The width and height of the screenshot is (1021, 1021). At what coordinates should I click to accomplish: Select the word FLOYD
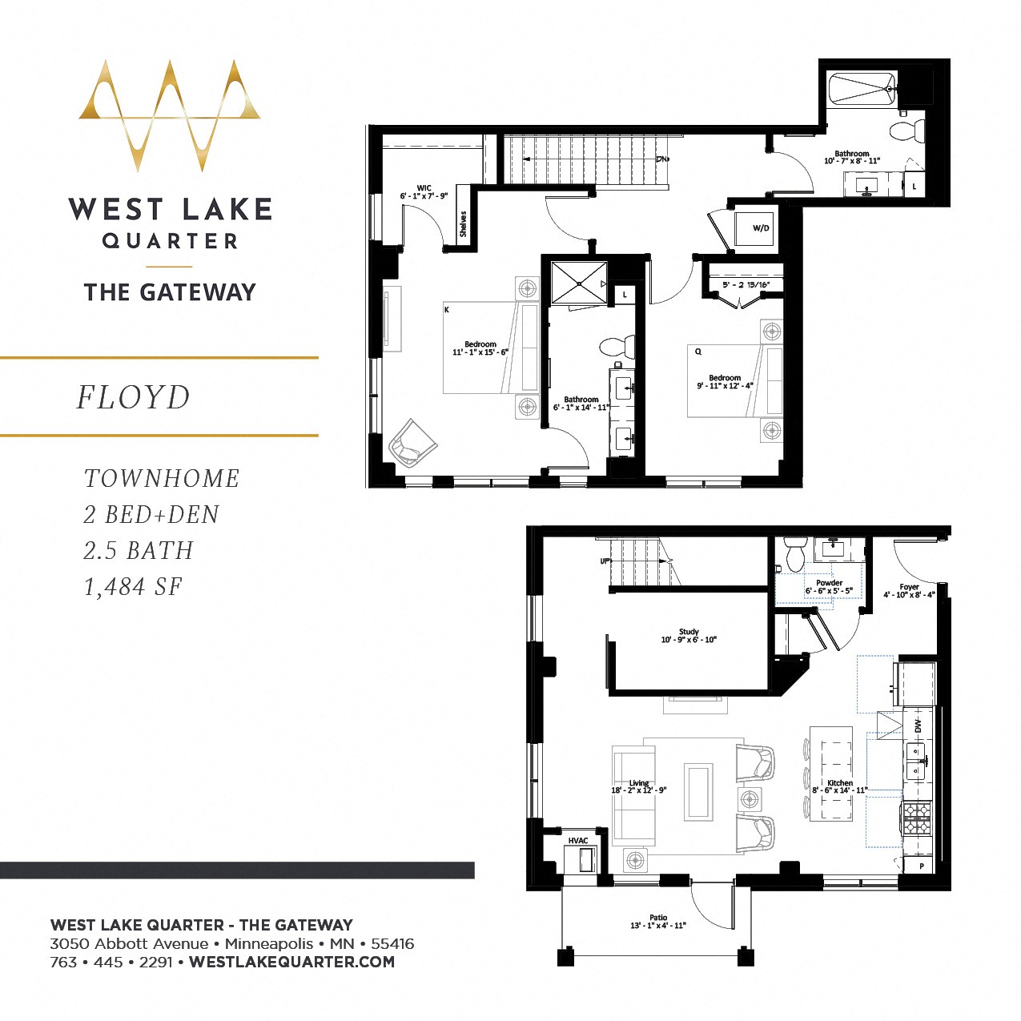(134, 397)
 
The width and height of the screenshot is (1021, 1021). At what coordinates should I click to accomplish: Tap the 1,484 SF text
(133, 587)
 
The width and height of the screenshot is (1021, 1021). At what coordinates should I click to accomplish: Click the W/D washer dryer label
(760, 228)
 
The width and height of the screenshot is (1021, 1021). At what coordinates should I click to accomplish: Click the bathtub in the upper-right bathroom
(862, 89)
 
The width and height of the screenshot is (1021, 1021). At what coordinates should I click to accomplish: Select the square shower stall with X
(579, 283)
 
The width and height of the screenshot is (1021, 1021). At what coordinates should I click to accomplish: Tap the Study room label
(689, 632)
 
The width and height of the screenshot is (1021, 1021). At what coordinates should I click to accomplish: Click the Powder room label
(829, 583)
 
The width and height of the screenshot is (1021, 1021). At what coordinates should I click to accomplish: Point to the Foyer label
(909, 587)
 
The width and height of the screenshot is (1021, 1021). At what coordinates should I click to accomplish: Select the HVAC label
(577, 841)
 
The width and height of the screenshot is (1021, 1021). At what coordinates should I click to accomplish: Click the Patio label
(658, 918)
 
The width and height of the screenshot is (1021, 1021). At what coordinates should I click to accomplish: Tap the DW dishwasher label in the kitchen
(918, 726)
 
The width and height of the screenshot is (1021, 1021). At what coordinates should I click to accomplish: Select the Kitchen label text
(840, 783)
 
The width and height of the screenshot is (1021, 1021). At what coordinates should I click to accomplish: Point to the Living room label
(639, 783)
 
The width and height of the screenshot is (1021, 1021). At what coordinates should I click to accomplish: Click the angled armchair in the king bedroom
(412, 443)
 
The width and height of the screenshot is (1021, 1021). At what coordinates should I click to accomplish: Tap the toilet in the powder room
(795, 553)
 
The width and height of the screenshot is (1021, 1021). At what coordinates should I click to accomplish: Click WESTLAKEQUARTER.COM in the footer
(291, 962)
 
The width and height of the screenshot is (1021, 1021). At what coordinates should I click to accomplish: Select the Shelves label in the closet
(463, 223)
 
